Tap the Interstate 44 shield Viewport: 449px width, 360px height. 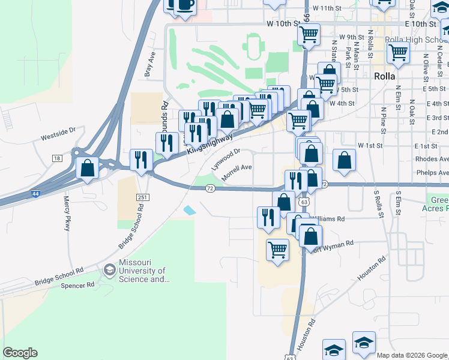point(37,194)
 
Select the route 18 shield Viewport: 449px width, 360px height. point(57,158)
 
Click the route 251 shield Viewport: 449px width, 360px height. point(142,197)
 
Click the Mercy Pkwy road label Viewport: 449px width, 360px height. point(67,213)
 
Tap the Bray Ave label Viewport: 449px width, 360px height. point(149,68)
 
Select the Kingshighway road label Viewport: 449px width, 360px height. point(209,144)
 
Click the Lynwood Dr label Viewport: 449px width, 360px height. point(226,159)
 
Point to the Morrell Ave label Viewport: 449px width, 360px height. point(237,173)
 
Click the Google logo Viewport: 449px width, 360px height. point(20,353)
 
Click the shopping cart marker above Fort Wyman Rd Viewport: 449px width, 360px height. point(277,249)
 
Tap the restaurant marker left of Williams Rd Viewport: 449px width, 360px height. point(268,217)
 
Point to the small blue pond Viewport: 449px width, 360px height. point(189,211)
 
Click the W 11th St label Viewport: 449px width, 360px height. point(327,8)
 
